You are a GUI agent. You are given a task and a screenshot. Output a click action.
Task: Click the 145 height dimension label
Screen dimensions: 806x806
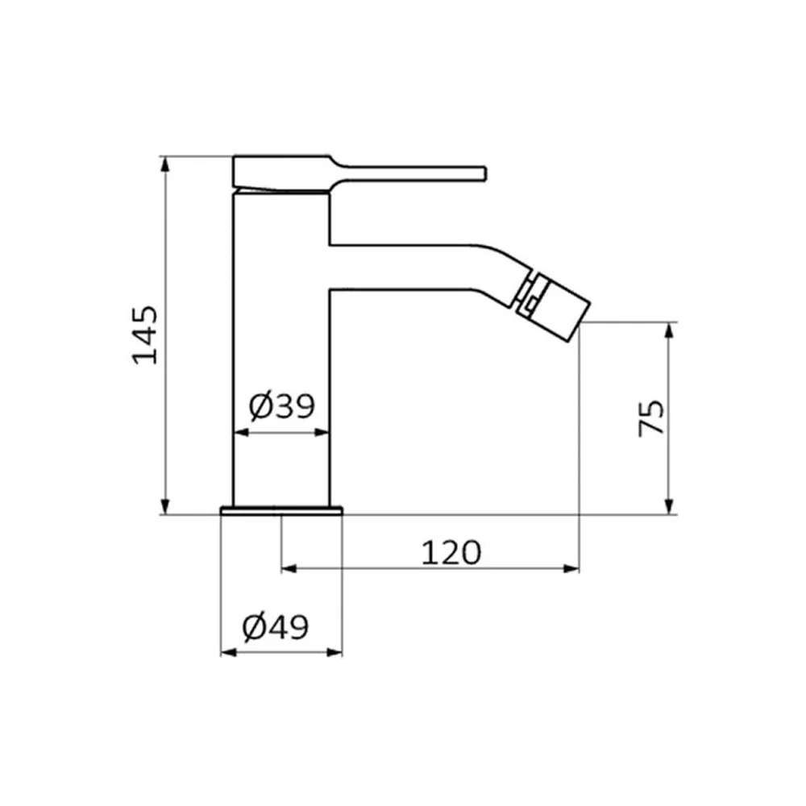coord(145,335)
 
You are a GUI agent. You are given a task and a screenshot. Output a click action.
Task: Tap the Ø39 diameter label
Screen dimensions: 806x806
coord(281,406)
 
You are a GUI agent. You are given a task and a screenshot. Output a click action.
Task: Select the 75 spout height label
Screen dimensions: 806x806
coord(650,418)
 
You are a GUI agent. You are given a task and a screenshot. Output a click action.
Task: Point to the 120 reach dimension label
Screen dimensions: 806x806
coord(451,553)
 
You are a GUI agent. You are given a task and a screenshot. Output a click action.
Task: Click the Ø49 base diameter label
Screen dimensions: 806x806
coord(276,627)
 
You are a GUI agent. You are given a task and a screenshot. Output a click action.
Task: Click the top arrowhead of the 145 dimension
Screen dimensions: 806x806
coord(164,164)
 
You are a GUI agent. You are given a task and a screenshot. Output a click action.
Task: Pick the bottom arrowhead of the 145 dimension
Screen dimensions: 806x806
coord(164,506)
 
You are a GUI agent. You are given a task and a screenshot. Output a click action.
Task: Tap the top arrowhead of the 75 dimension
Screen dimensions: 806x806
coord(669,330)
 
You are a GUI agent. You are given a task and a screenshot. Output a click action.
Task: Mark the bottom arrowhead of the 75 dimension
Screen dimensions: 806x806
coord(669,506)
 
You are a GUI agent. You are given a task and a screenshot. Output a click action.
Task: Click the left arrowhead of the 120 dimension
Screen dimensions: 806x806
coord(289,568)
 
